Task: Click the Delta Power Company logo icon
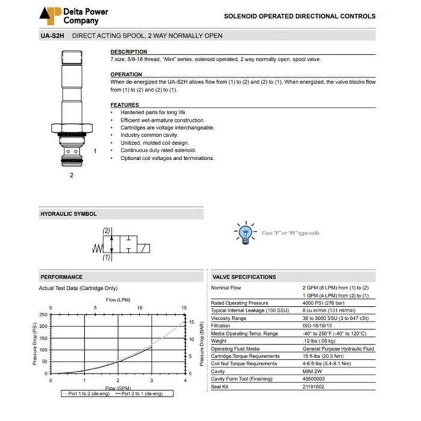pyautogui.click(x=50, y=16)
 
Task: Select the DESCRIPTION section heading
pyautogui.click(x=129, y=52)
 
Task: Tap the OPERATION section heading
pyautogui.click(x=126, y=75)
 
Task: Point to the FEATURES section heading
pyautogui.click(x=124, y=105)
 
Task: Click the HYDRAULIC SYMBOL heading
pyautogui.click(x=68, y=214)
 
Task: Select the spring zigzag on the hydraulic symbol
pyautogui.click(x=96, y=248)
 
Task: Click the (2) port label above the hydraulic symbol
pyautogui.click(x=106, y=231)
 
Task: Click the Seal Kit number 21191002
pyautogui.click(x=314, y=386)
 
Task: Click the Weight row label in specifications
pyautogui.click(x=219, y=340)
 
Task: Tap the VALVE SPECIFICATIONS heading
pyautogui.click(x=244, y=277)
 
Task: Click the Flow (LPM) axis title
pyautogui.click(x=118, y=299)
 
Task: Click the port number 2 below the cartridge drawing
pyautogui.click(x=71, y=176)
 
